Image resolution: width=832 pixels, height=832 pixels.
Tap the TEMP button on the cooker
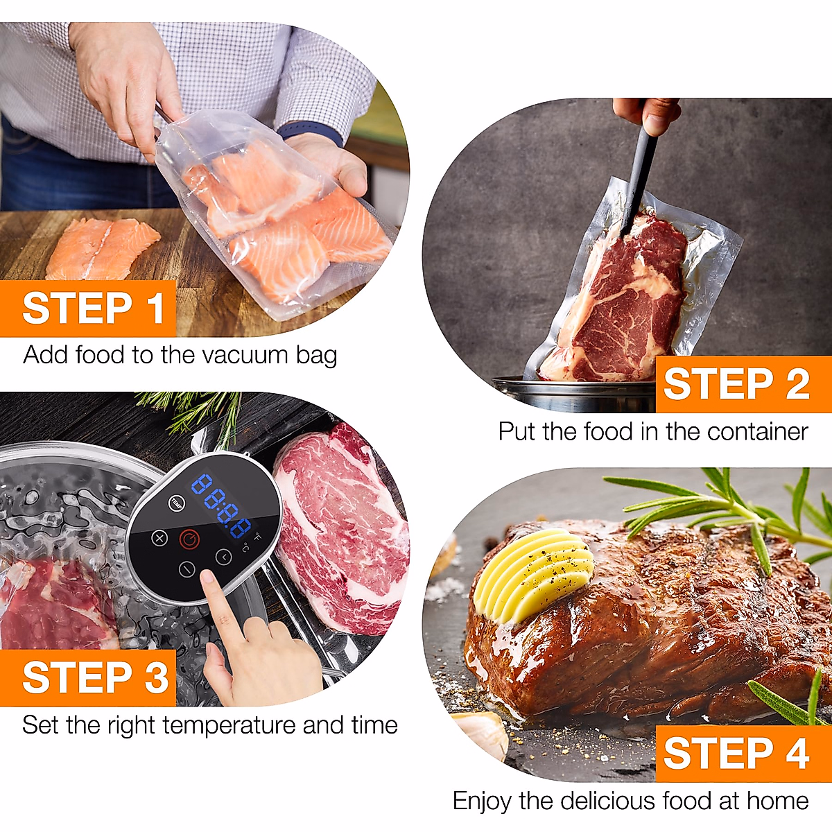point(176,503)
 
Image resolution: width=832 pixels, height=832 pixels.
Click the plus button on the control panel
point(159,538)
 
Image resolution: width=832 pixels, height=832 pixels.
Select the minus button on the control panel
point(187,569)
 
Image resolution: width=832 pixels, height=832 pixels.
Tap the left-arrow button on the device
point(224,557)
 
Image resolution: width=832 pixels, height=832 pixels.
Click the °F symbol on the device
point(257,537)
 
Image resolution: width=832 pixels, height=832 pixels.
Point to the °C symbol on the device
point(245,548)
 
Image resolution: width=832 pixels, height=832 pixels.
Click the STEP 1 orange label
point(87,309)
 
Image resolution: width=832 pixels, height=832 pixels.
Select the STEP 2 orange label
point(743,384)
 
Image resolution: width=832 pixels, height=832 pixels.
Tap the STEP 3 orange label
point(87,678)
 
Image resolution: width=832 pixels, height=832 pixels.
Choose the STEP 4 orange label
point(743,754)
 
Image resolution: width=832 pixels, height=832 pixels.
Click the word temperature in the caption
point(228,726)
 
